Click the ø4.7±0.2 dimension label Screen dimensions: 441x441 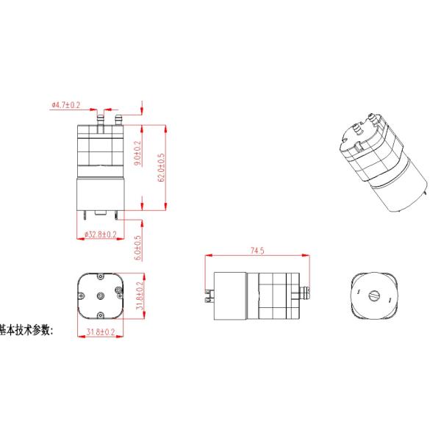65,105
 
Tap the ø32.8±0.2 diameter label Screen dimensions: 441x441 100,234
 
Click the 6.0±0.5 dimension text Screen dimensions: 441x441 137,248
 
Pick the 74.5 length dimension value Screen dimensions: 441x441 257,251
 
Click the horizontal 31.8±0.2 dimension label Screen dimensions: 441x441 100,332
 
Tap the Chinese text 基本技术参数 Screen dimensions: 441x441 26,330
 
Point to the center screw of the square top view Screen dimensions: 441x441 100,295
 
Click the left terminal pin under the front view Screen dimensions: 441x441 89,215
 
